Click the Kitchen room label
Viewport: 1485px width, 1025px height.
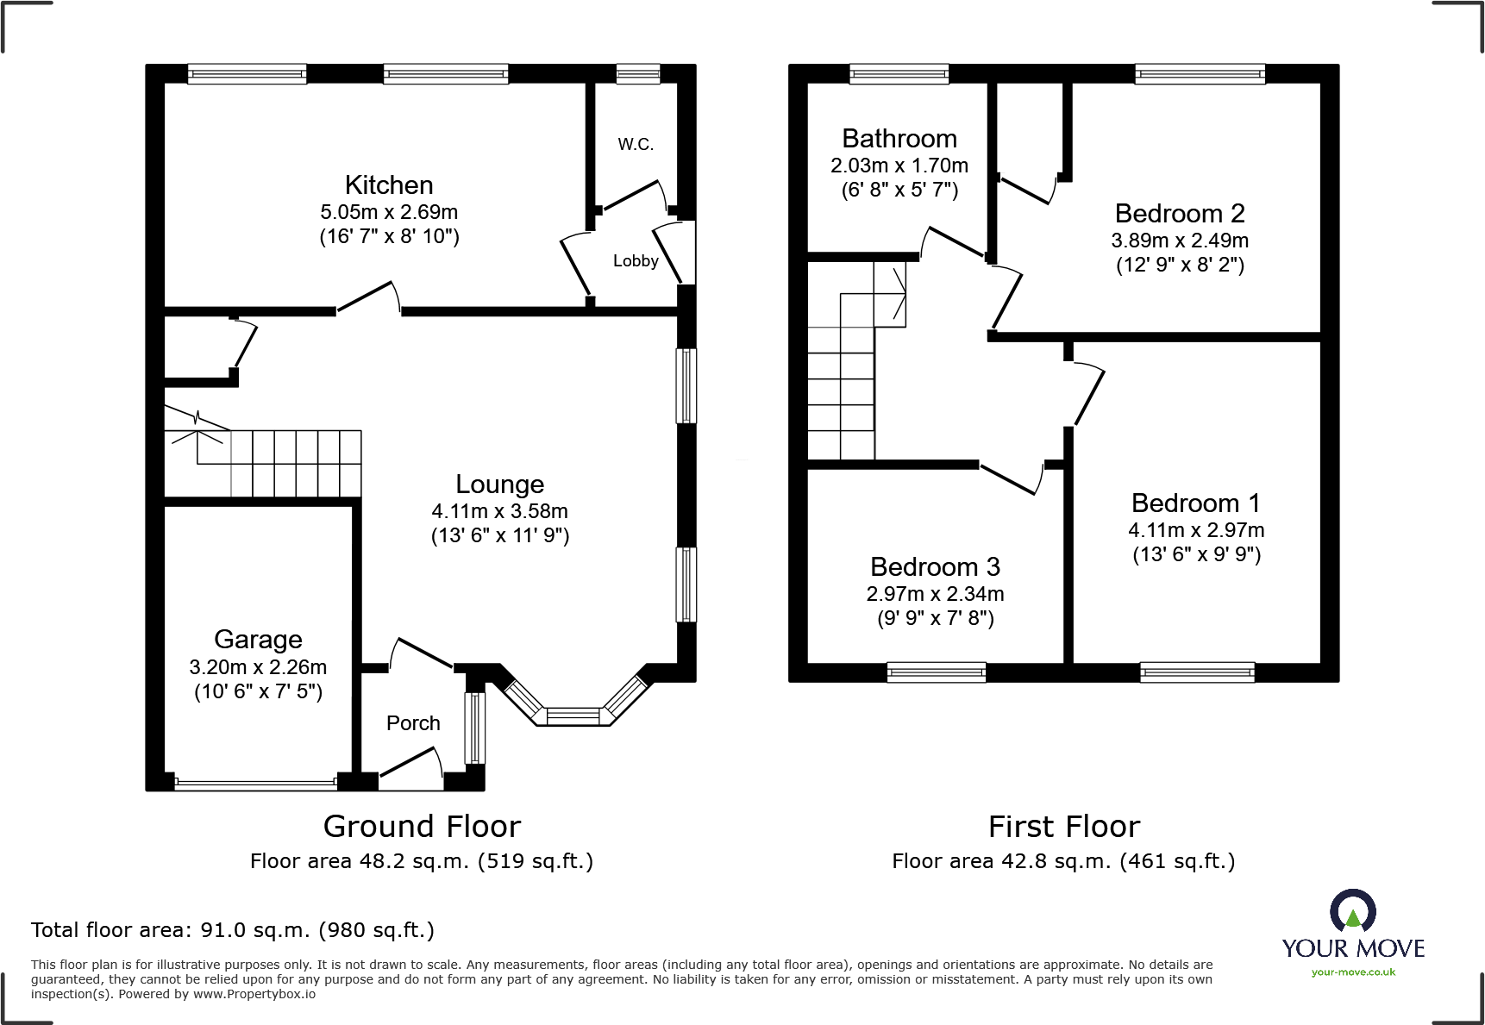(389, 185)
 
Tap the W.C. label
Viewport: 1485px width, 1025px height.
(636, 145)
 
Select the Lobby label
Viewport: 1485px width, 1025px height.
(636, 261)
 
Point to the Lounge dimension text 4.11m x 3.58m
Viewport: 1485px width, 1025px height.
(500, 511)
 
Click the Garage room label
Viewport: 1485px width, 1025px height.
(258, 640)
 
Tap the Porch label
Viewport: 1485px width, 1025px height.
(413, 723)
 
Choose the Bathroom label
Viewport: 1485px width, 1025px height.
(899, 139)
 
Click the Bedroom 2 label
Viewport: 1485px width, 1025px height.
(1180, 214)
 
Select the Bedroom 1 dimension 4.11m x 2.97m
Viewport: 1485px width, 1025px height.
(1197, 530)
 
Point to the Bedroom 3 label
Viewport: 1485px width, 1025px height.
(936, 567)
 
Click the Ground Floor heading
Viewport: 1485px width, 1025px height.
(422, 827)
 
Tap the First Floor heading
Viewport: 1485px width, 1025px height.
(1064, 827)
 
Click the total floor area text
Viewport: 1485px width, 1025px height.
(233, 930)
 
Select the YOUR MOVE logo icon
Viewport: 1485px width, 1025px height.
(1353, 910)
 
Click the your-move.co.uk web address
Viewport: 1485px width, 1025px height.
(1353, 972)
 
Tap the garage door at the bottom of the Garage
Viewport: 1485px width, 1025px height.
(256, 784)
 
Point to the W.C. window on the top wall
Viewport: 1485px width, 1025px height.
(638, 74)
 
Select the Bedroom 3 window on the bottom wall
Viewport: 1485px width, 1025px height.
(937, 672)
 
